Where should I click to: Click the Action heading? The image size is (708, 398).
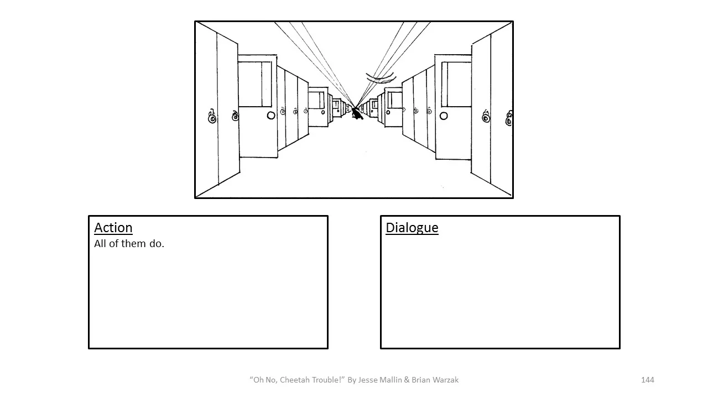click(x=113, y=228)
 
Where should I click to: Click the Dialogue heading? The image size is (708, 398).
click(x=412, y=228)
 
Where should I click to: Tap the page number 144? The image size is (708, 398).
click(x=647, y=380)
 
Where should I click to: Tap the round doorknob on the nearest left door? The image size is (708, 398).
click(x=271, y=116)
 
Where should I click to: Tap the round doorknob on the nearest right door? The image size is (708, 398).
click(x=444, y=116)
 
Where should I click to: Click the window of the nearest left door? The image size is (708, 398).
click(x=255, y=84)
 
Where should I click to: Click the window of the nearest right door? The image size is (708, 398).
click(x=459, y=84)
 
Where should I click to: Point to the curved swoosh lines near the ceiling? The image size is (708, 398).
click(x=381, y=77)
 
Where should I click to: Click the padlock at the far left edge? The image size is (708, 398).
click(x=212, y=117)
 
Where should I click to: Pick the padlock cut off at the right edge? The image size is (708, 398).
click(x=509, y=118)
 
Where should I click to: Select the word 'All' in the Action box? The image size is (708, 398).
click(x=100, y=244)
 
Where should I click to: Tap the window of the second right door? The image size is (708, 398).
click(x=395, y=100)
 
